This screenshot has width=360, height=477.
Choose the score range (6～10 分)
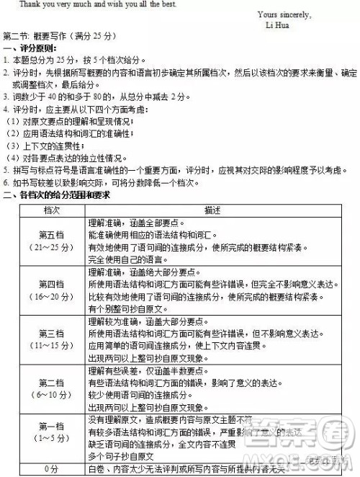click(51, 396)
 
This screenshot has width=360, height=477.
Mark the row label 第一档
click(51, 426)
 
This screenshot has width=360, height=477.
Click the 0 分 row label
click(51, 468)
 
